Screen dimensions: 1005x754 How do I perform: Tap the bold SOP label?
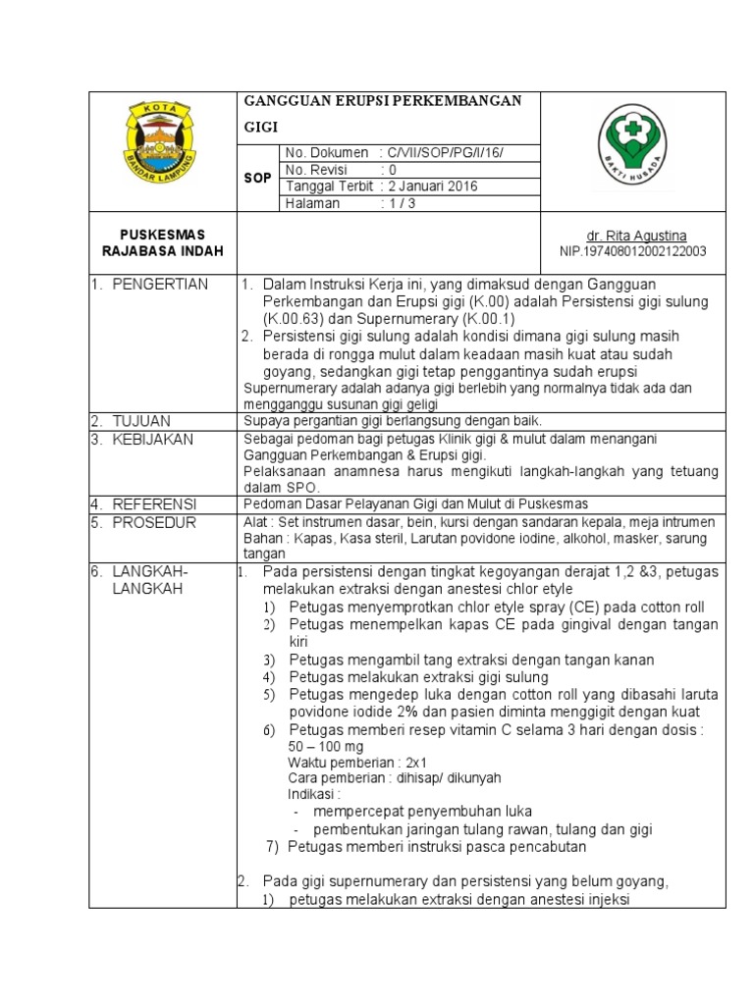point(257,178)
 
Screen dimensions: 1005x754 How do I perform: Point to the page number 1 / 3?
point(400,203)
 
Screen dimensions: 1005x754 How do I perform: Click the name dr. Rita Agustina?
point(636,237)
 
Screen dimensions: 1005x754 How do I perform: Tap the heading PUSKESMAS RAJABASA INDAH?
point(162,243)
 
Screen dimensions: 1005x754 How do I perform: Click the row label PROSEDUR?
point(152,521)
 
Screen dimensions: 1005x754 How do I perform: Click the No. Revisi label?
point(316,169)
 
